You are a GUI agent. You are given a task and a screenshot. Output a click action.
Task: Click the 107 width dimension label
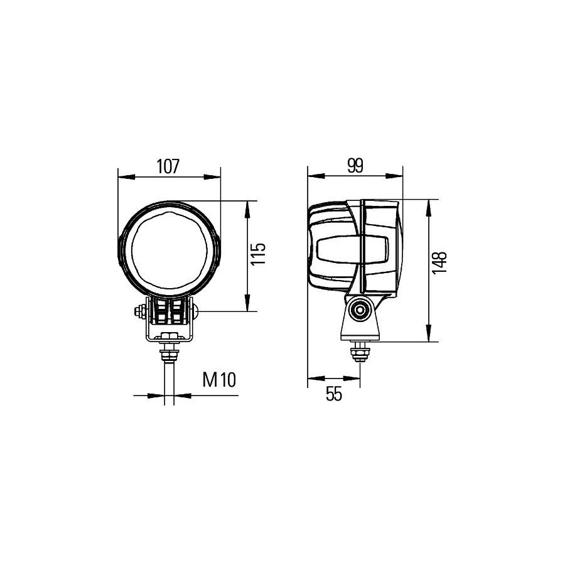tap(168, 166)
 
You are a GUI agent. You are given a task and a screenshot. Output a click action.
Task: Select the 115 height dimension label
tap(258, 254)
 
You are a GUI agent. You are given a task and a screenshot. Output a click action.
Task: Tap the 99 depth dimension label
tap(355, 165)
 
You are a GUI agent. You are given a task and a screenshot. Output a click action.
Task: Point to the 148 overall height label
tap(439, 264)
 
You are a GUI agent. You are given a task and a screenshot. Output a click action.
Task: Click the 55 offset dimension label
tap(334, 394)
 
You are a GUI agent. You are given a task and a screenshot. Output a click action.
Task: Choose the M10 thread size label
tap(219, 380)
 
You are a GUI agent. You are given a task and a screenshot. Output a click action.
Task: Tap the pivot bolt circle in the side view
tap(360, 309)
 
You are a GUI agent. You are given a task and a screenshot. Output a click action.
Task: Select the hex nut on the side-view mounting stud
tap(360, 351)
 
